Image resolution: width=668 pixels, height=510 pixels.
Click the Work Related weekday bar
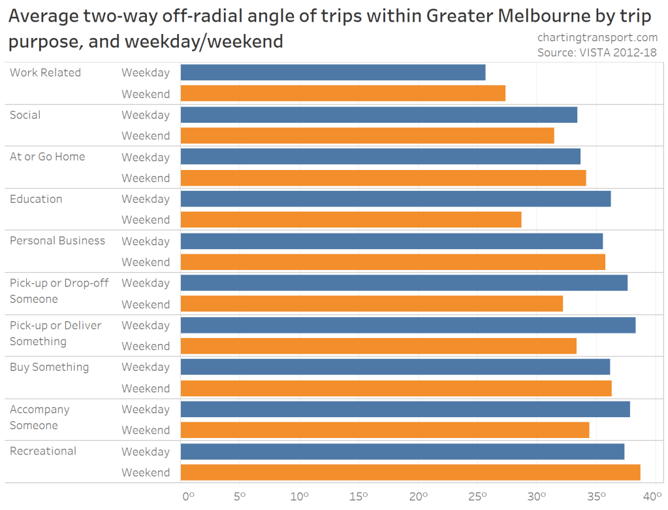pyautogui.click(x=333, y=73)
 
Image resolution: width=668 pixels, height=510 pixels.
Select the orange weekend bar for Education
pyautogui.click(x=351, y=220)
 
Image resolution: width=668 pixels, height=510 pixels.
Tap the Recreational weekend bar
pyautogui.click(x=410, y=472)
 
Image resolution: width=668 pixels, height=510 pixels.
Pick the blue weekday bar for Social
pyautogui.click(x=379, y=115)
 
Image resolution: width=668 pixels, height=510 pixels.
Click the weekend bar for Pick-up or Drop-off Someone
pyautogui.click(x=372, y=304)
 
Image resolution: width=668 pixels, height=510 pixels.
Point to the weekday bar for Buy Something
pyautogui.click(x=395, y=367)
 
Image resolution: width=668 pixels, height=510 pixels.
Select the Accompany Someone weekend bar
pyautogui.click(x=385, y=430)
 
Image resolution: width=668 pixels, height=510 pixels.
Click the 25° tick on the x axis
pyautogui.click(x=478, y=496)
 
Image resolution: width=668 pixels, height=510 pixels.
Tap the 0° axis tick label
pyautogui.click(x=188, y=496)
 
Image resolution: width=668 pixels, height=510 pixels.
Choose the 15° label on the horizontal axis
pyautogui.click(x=359, y=496)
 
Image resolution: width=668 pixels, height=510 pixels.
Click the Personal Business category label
pyautogui.click(x=57, y=241)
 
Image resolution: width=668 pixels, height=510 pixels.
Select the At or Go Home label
pyautogui.click(x=47, y=157)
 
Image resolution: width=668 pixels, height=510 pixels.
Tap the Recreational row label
pyautogui.click(x=43, y=451)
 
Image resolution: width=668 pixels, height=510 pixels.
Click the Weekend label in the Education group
pyautogui.click(x=146, y=220)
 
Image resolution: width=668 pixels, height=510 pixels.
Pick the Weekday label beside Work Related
pyautogui.click(x=146, y=73)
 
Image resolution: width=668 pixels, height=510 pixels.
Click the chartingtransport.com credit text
pyautogui.click(x=597, y=38)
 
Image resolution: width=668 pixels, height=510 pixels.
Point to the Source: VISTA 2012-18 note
pyautogui.click(x=597, y=53)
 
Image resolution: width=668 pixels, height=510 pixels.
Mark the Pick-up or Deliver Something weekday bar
pyautogui.click(x=408, y=325)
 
